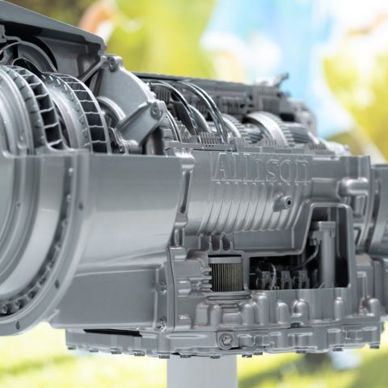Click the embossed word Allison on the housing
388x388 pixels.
point(262,168)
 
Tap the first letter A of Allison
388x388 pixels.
point(224,167)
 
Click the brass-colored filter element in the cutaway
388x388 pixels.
point(226,274)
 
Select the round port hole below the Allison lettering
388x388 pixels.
point(289,201)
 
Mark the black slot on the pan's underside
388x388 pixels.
point(112,333)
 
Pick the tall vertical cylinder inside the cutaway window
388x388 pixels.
point(327,255)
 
